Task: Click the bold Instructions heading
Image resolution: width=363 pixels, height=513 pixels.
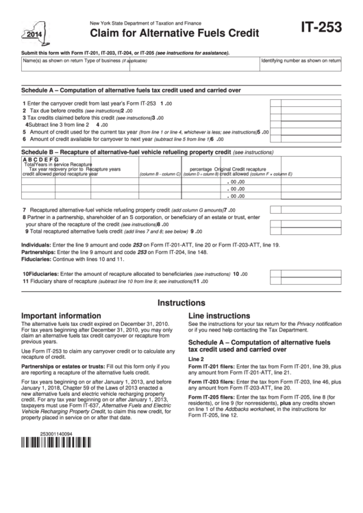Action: (181, 302)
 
